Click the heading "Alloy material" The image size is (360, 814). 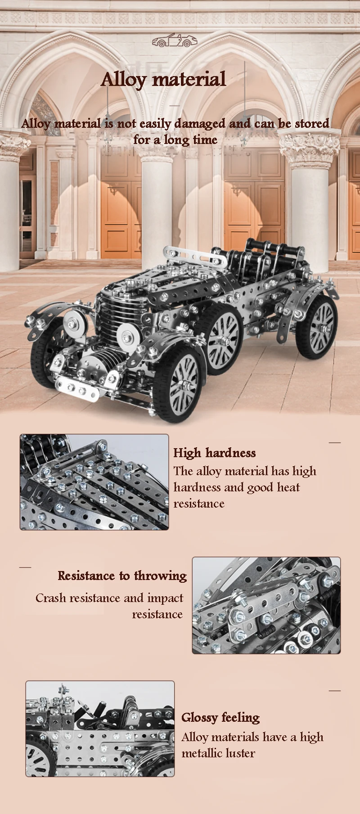point(163,79)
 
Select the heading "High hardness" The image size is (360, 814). point(215,453)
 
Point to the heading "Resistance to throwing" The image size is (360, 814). point(122,576)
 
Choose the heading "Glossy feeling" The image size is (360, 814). point(220,717)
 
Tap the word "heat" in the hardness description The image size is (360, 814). point(288,487)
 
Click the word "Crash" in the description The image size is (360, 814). point(49,598)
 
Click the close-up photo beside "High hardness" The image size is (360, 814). point(94,482)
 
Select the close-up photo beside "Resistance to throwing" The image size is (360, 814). point(266,605)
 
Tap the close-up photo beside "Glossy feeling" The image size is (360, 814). point(100,729)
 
